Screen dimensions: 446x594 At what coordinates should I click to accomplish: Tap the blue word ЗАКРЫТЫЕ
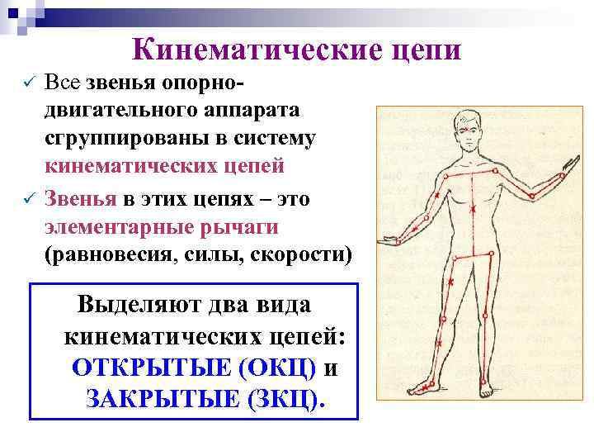(161, 400)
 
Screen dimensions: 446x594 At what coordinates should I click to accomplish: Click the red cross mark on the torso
(473, 211)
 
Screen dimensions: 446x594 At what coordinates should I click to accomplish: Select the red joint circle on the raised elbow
(532, 196)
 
